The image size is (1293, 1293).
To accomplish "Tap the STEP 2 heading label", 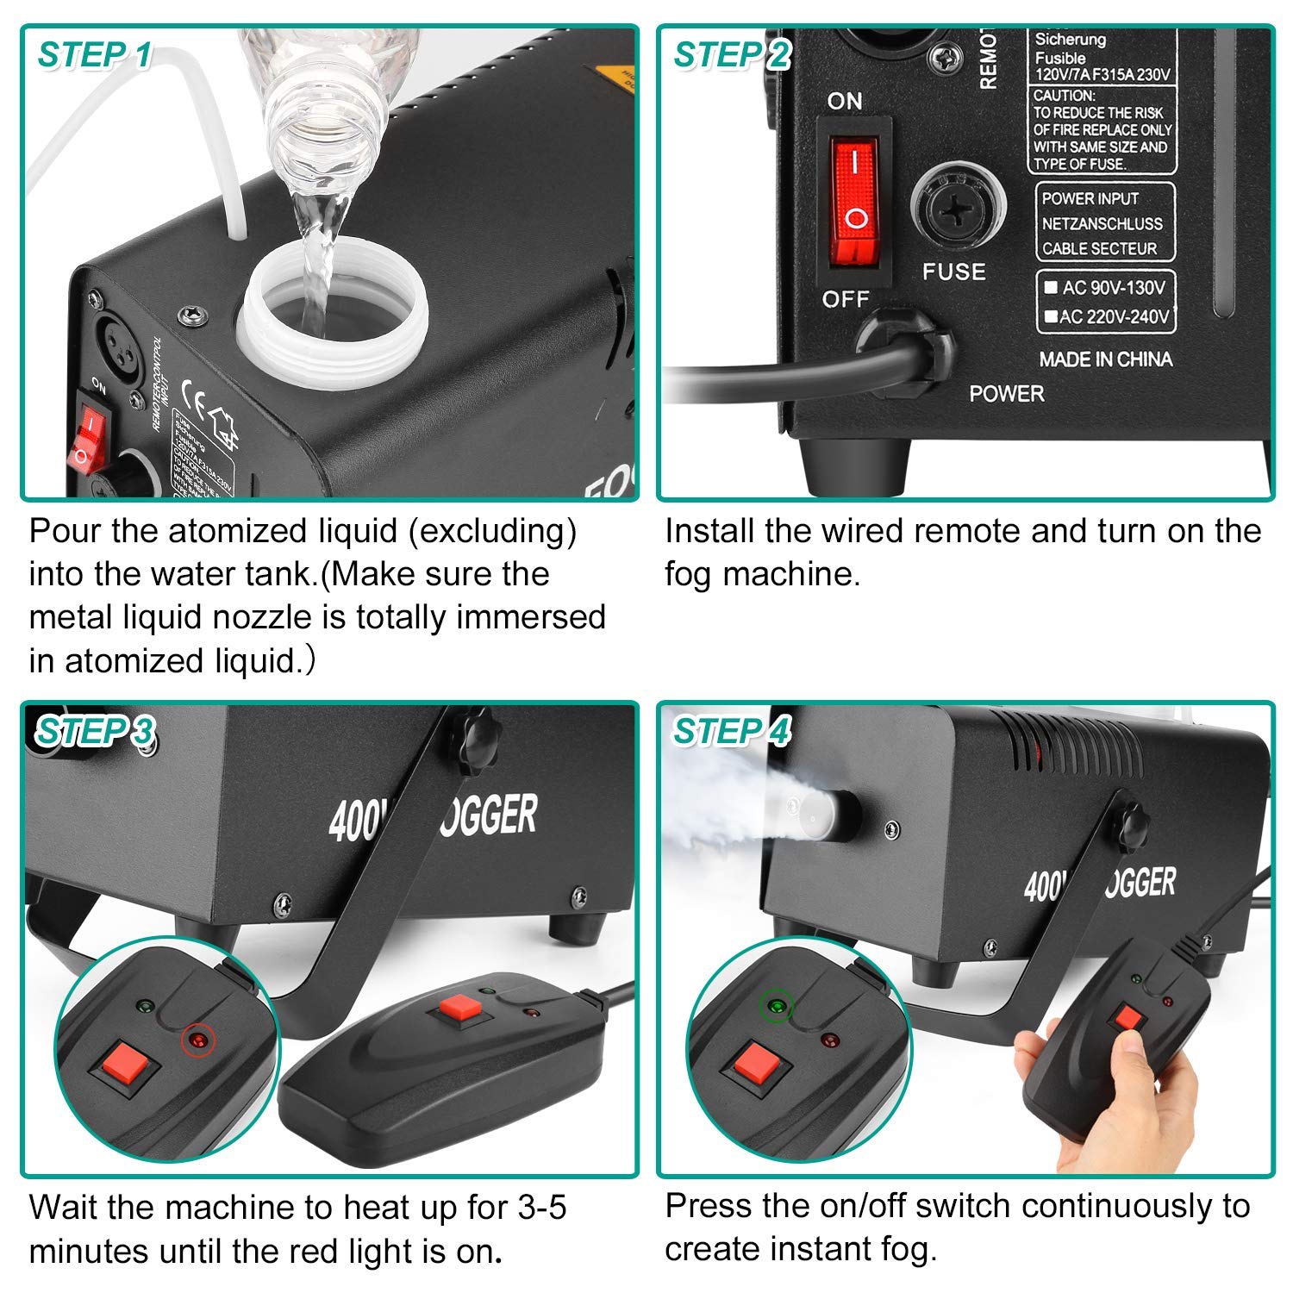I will coord(731,55).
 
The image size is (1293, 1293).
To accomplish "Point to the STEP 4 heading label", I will coord(731,731).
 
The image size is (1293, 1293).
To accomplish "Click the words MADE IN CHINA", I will coord(1105,359).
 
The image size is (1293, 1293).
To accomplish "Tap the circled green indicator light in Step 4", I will coord(775,1006).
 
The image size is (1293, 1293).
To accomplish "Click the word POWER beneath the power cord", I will coord(1006,394).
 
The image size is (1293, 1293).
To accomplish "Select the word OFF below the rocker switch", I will coord(845,299).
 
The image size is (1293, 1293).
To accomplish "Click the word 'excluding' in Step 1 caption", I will coord(492,531).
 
